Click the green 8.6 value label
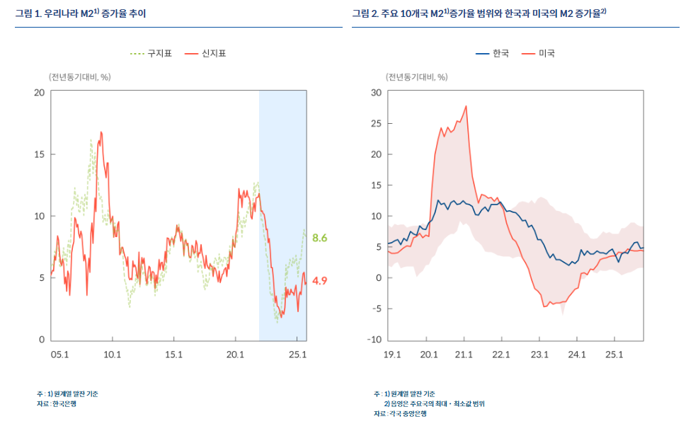tap(320, 238)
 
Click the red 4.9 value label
tap(320, 281)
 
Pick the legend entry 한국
tap(500, 53)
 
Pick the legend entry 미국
tap(547, 53)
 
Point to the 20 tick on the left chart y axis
tap(40, 92)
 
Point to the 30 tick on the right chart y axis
tap(377, 92)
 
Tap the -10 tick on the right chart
tap(374, 340)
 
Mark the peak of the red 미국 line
tap(466, 106)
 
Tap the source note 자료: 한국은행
tap(57, 403)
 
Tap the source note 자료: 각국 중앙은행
tap(400, 413)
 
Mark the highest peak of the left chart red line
tap(101, 132)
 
